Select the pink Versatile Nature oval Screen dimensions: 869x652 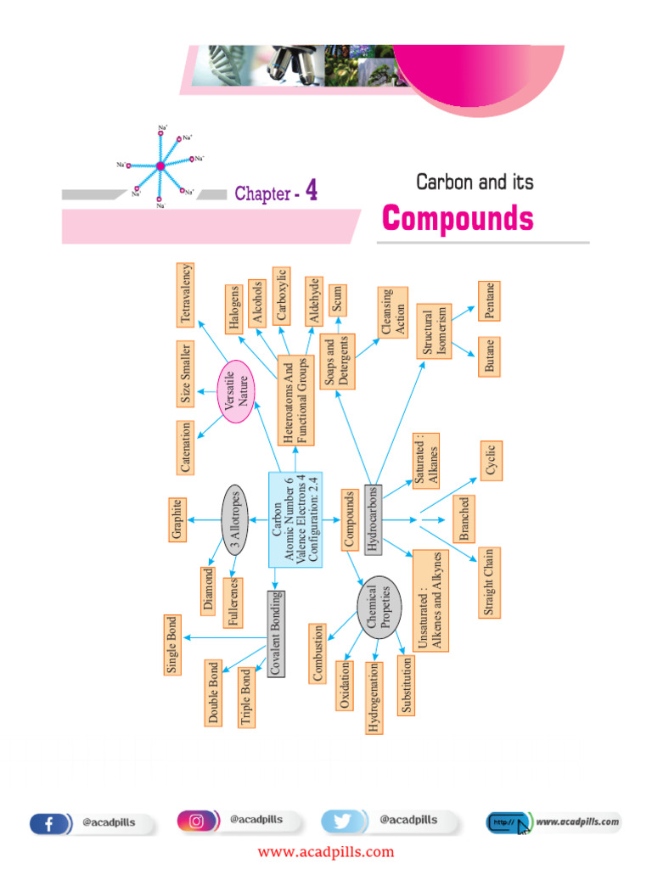(237, 390)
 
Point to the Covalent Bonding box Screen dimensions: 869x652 (275, 633)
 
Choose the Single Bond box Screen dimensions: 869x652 (173, 645)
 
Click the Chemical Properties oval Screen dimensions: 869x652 (378, 608)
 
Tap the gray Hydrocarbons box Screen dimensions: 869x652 (374, 519)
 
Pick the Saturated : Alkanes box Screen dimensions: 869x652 (427, 463)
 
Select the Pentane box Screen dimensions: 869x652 (490, 301)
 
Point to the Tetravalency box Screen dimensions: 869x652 (185, 294)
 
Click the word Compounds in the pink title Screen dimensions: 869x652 (458, 219)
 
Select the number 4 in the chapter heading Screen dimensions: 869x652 (312, 191)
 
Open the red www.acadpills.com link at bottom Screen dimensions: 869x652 (326, 852)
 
